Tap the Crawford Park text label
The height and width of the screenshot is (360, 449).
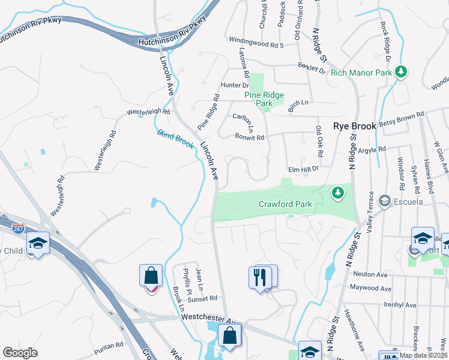pyautogui.click(x=285, y=204)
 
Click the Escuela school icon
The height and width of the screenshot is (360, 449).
pyautogui.click(x=385, y=201)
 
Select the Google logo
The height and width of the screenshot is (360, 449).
pyautogui.click(x=20, y=352)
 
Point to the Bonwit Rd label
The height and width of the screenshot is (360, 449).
pyautogui.click(x=250, y=137)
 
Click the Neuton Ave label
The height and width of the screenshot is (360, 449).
pyautogui.click(x=370, y=274)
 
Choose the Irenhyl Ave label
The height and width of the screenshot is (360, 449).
pyautogui.click(x=399, y=305)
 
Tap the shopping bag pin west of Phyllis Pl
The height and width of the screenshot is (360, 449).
pyautogui.click(x=151, y=277)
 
